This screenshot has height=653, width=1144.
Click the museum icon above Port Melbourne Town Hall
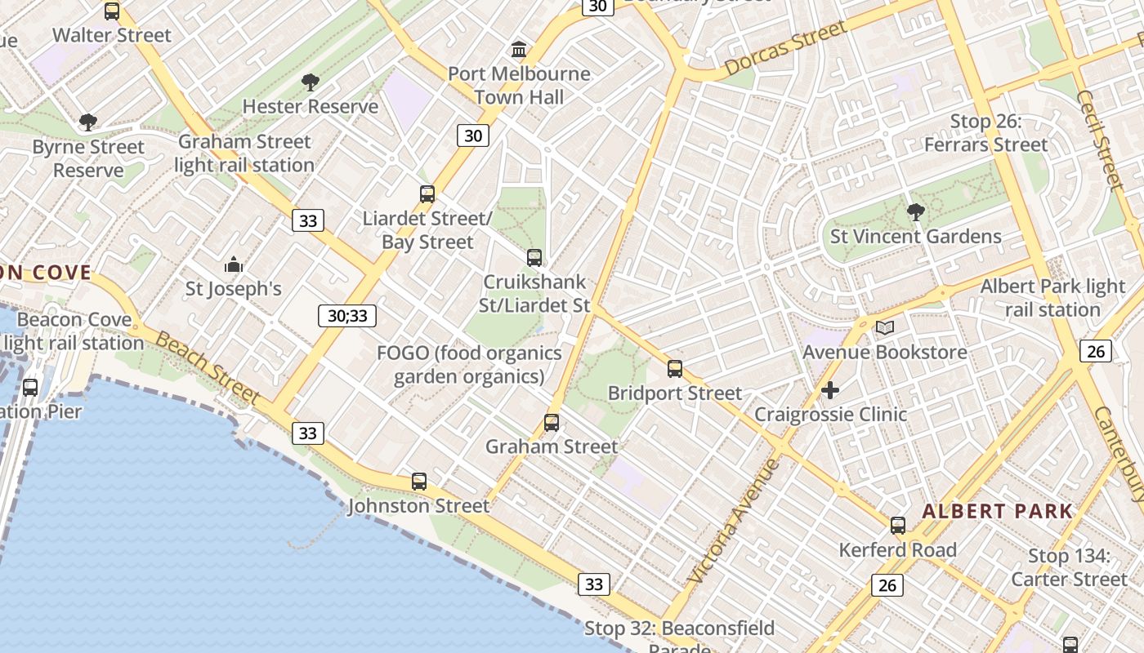[518, 49]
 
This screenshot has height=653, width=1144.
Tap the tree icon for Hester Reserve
[310, 82]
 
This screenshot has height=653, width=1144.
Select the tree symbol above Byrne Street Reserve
[87, 122]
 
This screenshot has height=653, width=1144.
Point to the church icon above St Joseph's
[234, 264]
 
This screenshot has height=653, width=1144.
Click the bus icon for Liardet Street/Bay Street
[427, 194]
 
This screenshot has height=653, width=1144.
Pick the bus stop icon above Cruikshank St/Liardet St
[534, 258]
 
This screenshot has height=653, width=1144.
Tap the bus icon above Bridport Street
[675, 369]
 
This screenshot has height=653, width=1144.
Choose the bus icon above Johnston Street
[419, 482]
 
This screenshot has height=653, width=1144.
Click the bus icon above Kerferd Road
[898, 526]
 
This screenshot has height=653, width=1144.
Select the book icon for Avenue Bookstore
[885, 328]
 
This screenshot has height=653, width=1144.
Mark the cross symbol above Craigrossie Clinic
[830, 390]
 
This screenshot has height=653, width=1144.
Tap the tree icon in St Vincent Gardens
[916, 212]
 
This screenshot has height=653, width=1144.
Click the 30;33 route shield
[347, 316]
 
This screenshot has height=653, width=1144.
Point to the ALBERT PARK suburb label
[997, 512]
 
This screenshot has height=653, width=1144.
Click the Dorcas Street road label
[785, 49]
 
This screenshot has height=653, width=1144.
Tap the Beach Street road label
[208, 368]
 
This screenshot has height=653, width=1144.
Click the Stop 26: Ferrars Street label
[986, 133]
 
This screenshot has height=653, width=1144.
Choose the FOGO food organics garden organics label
[469, 365]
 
